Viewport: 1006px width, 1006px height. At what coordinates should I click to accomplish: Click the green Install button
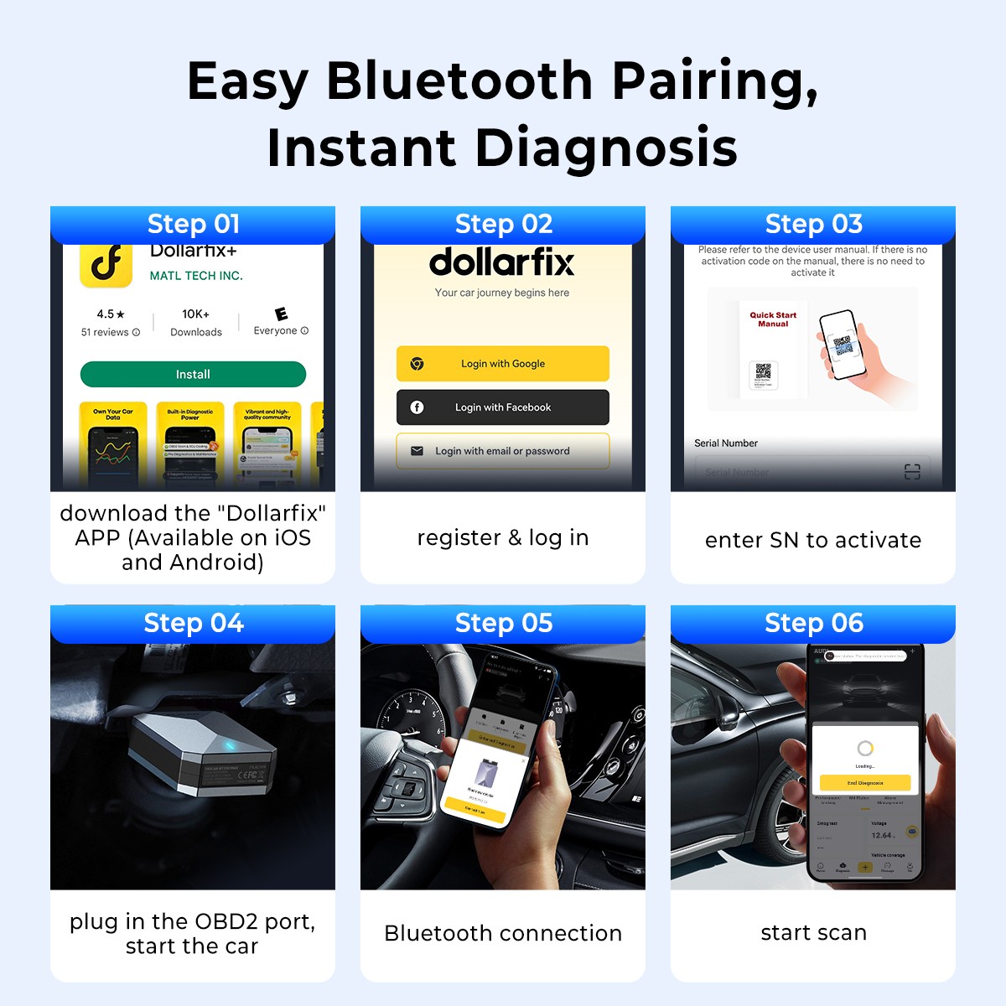[x=193, y=375]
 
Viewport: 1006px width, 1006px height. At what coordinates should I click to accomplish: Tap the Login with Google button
[x=502, y=364]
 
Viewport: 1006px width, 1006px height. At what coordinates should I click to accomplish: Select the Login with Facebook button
[x=502, y=407]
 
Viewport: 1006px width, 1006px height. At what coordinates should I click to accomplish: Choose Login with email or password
[x=502, y=451]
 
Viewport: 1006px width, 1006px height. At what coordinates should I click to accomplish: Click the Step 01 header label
[x=194, y=224]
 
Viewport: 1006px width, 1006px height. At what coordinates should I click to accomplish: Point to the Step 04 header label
[x=194, y=623]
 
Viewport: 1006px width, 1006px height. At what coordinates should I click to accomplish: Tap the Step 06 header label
[x=814, y=623]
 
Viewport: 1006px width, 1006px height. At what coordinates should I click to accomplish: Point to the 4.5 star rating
[x=111, y=314]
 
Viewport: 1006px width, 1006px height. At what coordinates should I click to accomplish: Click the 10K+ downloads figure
[x=195, y=314]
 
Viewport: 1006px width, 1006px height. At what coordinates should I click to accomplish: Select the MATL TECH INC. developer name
[x=196, y=276]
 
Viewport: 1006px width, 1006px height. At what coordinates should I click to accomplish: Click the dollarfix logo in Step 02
[x=502, y=262]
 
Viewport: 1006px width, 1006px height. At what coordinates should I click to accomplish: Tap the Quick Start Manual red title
[x=773, y=319]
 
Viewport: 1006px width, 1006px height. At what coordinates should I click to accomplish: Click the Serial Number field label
[x=726, y=443]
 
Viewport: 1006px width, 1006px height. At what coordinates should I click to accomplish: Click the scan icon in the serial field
[x=912, y=472]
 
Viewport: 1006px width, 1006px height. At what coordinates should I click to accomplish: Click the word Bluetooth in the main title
[x=459, y=81]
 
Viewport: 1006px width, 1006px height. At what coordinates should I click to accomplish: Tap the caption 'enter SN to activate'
[x=813, y=540]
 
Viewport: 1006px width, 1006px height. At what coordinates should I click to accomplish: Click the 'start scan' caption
[x=813, y=932]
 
